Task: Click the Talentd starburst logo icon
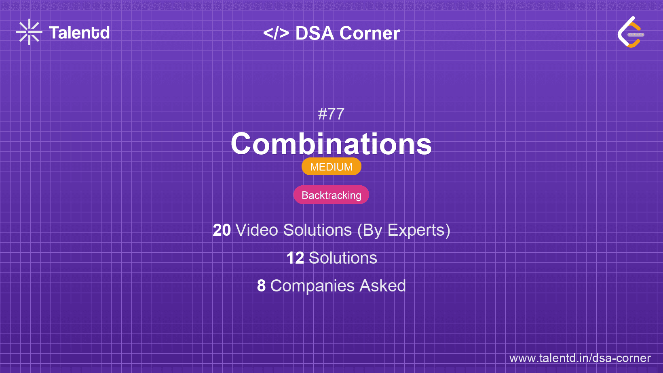click(29, 32)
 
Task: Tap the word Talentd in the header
click(79, 33)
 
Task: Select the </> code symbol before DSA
click(276, 33)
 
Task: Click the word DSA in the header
click(315, 33)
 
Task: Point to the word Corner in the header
click(370, 33)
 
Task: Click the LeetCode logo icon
click(631, 32)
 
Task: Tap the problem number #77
click(331, 114)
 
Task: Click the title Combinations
click(331, 144)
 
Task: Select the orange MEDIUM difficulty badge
click(331, 167)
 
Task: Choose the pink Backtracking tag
click(331, 195)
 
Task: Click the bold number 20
click(222, 230)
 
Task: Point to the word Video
click(257, 230)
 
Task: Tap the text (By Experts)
click(403, 230)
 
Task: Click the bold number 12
click(295, 258)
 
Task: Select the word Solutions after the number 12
click(343, 258)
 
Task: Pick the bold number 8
click(262, 286)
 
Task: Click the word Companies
click(312, 286)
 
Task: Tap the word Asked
click(382, 286)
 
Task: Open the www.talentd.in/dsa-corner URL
click(580, 358)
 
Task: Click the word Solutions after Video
click(317, 230)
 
